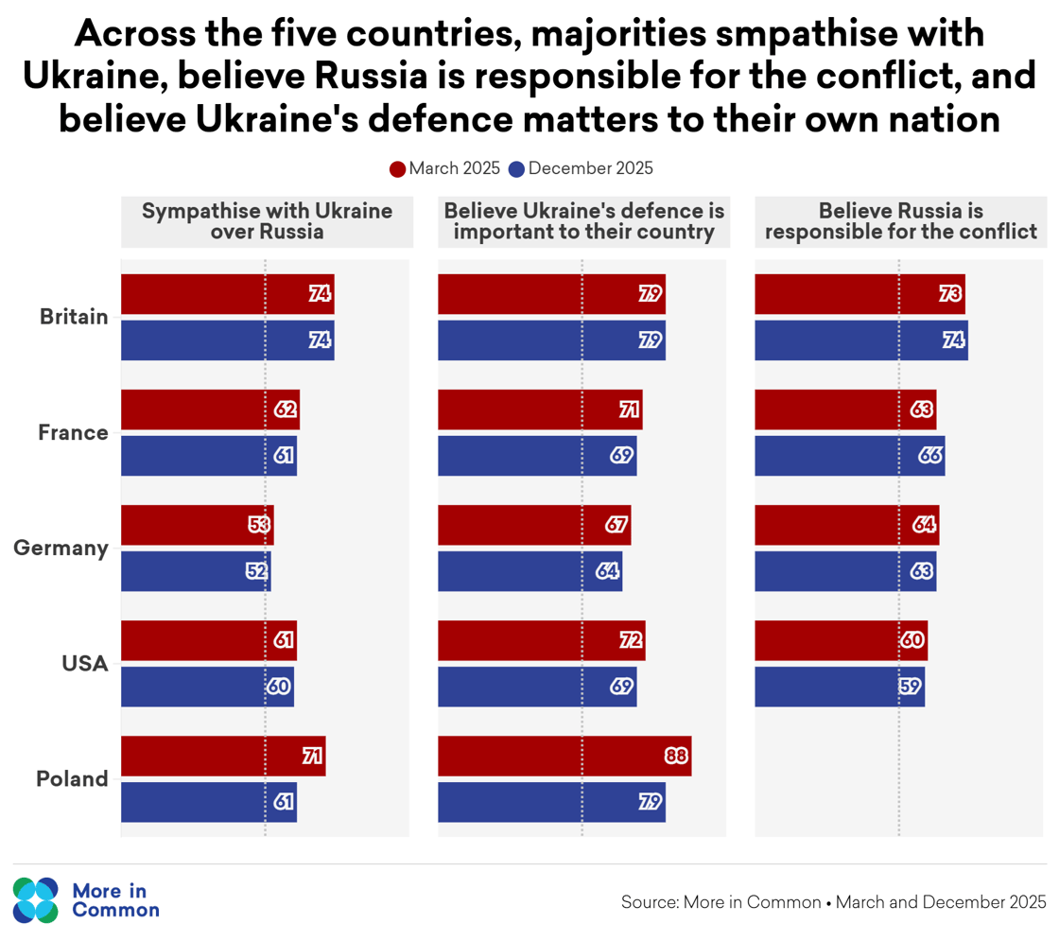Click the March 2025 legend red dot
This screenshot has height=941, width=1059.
click(x=398, y=169)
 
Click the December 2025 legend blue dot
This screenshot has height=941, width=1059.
click(x=516, y=169)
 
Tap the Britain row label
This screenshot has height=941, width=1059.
click(x=74, y=317)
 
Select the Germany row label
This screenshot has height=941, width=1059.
click(x=61, y=548)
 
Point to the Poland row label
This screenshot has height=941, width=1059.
click(x=73, y=779)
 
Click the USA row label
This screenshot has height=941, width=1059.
click(x=85, y=664)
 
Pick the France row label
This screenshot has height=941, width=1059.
click(x=73, y=432)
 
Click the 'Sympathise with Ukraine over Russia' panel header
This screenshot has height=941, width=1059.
click(x=267, y=221)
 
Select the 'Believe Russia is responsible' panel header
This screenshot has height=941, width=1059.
click(x=901, y=221)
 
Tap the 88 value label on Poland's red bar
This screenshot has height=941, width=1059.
click(x=676, y=757)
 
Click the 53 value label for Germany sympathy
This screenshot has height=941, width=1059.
click(x=260, y=525)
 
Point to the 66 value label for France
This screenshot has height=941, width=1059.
click(x=929, y=456)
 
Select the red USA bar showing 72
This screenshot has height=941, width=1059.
click(x=541, y=640)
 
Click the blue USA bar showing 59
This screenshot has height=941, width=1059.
click(x=839, y=687)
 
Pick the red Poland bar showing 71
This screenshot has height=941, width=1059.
click(x=222, y=757)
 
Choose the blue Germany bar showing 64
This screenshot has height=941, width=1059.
click(x=529, y=571)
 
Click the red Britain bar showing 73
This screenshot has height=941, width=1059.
click(x=859, y=294)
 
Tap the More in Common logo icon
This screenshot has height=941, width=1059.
click(x=36, y=899)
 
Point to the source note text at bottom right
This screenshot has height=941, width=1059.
click(x=833, y=901)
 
